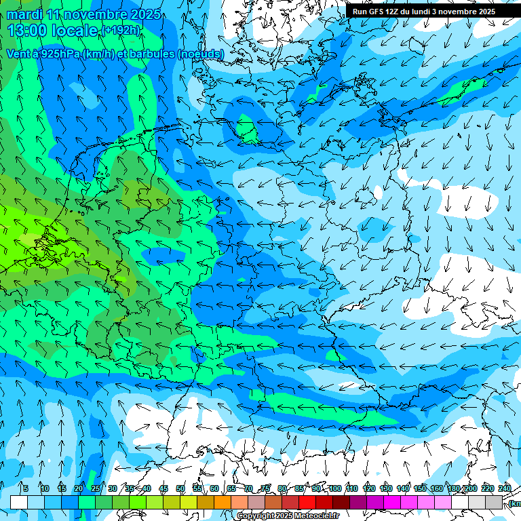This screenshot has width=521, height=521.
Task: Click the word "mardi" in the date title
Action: click(24, 14)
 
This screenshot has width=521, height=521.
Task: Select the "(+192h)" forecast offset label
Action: click(120, 31)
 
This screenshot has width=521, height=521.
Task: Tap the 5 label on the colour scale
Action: click(25, 488)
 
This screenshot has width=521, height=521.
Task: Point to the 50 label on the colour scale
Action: click(180, 488)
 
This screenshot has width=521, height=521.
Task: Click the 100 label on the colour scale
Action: click(334, 488)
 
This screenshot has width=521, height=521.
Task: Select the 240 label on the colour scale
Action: click(505, 488)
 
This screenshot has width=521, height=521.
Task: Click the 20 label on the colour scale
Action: click(79, 488)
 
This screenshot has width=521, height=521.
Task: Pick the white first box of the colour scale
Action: click(19, 502)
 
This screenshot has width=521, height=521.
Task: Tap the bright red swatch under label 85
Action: click(307, 502)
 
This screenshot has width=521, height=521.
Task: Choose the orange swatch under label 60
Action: click(223, 502)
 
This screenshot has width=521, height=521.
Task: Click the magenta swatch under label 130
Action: click(392, 502)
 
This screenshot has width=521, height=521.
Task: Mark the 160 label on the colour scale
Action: click(437, 488)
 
